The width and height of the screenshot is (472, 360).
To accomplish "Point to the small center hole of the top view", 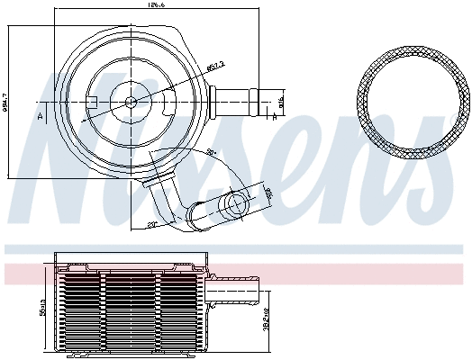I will pyautogui.click(x=131, y=101).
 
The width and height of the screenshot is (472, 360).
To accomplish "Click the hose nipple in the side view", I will pyautogui.click(x=236, y=291).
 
